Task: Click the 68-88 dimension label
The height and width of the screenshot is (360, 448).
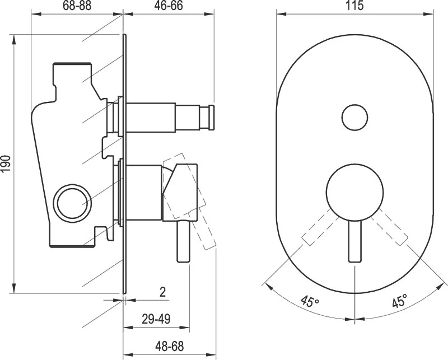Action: coord(77,5)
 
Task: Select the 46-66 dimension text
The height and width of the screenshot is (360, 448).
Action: coord(169,5)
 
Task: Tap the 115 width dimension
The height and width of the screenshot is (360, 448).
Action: coord(354,5)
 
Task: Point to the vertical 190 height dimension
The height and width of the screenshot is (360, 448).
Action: coord(6,163)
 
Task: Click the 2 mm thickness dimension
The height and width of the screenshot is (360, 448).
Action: coord(162,292)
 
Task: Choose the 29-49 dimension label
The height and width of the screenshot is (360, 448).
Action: coord(156,319)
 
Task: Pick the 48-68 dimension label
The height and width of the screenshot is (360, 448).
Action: coord(170,347)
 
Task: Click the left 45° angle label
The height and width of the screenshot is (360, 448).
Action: coord(310,301)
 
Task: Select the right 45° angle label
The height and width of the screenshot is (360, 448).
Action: coord(399,301)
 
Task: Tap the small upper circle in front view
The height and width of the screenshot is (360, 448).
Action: coord(354,117)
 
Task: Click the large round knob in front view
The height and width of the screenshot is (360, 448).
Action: coord(354,192)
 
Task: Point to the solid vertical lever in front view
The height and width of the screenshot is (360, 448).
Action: coord(354,241)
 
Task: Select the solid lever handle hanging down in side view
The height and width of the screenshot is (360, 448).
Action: coord(184,242)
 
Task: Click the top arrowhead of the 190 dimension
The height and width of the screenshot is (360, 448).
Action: coord(13,39)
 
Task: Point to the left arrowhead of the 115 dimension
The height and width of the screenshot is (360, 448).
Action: coord(281,13)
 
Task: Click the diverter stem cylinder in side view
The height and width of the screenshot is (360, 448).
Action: coord(151,118)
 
